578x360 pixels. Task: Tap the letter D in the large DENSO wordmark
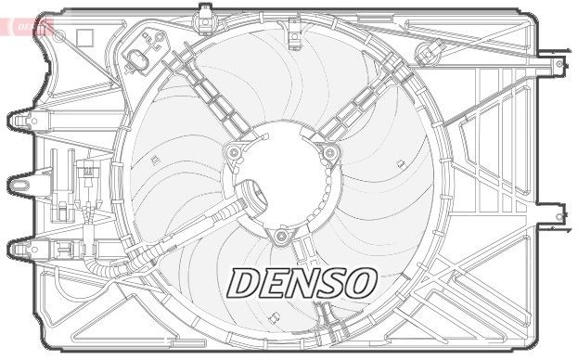point(246,284)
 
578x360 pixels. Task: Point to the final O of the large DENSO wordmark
point(358,284)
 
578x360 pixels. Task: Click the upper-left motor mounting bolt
point(233,151)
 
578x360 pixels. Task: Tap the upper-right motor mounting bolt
point(328,153)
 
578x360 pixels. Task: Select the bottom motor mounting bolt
point(281,237)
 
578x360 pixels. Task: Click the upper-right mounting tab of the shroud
point(556,66)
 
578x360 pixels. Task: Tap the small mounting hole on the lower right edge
point(559,216)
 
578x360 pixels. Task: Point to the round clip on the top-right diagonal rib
point(429,51)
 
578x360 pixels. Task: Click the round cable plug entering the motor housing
point(249,197)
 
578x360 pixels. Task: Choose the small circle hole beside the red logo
point(60,34)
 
